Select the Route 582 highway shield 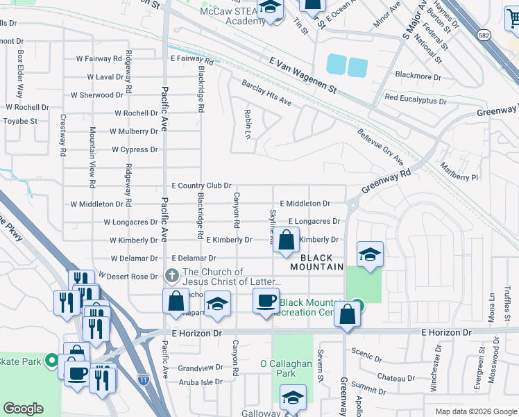pos(484,33)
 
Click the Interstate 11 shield pos(144,379)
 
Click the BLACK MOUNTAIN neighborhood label pos(317,261)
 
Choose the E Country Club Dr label pos(201,186)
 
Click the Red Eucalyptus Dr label pos(415,99)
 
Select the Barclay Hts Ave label pos(266,92)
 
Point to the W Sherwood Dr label pos(97,95)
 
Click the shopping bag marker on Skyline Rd pos(286,241)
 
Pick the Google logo pos(23,409)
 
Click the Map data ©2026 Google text pos(475,411)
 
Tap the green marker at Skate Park pos(51,360)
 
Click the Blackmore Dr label pos(418,76)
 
